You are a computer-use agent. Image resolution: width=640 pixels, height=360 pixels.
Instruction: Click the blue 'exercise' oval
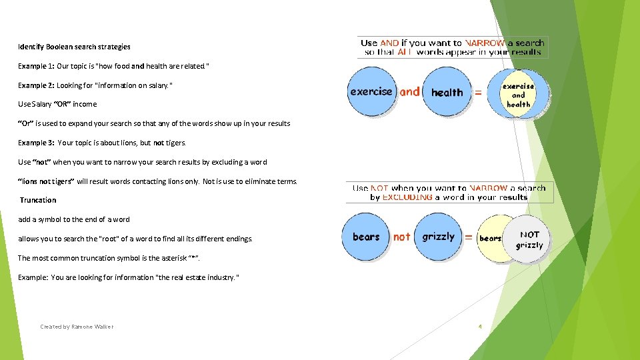coord(371,92)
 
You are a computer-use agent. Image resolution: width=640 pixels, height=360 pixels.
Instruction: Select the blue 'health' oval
coord(447,93)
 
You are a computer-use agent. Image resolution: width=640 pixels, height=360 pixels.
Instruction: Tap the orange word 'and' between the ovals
coord(410,92)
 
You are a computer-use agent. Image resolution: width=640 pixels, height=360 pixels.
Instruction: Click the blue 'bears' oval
coord(366,237)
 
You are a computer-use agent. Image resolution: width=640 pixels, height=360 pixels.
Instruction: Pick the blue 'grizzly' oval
coord(438,237)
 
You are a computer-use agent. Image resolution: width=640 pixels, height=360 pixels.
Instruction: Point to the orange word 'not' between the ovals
coord(402,237)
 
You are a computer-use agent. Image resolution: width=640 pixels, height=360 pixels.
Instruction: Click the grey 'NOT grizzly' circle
coord(529,239)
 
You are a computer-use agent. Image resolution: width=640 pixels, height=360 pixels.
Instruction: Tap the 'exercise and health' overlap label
coord(518,95)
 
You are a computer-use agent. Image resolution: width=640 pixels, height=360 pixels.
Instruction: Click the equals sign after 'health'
coord(477,93)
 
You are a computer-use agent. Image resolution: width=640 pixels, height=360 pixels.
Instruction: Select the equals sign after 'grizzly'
coord(469,237)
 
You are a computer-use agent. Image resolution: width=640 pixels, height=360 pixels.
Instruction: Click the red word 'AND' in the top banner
coord(389,43)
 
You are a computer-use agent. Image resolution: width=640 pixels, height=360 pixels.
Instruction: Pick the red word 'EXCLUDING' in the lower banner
coord(407,197)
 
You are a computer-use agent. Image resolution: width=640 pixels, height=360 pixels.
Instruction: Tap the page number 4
coord(480,327)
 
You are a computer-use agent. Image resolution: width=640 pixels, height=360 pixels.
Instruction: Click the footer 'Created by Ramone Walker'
coord(77,327)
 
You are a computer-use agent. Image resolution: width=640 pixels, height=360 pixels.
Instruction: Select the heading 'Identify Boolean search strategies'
coord(74,47)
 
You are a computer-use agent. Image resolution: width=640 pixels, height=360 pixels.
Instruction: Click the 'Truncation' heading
coord(38,200)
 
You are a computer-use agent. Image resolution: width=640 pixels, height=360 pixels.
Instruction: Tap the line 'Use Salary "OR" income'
coord(57,104)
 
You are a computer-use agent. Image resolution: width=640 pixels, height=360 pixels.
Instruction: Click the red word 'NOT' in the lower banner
coord(380,189)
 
